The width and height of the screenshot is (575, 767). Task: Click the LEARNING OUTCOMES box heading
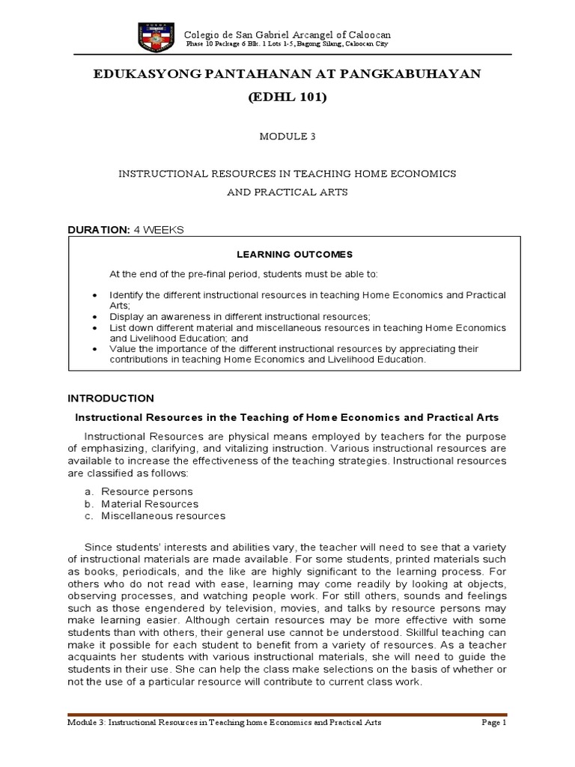click(287, 255)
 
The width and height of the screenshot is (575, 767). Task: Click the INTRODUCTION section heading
click(111, 398)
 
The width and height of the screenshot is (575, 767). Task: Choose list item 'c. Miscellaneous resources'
click(154, 515)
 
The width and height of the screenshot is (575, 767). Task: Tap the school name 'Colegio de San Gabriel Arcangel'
click(287, 35)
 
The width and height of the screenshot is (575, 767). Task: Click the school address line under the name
click(287, 45)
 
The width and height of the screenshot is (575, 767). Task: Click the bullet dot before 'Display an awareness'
click(93, 317)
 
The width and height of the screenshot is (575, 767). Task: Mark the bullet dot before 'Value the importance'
click(93, 349)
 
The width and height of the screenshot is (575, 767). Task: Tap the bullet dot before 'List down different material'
click(93, 328)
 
